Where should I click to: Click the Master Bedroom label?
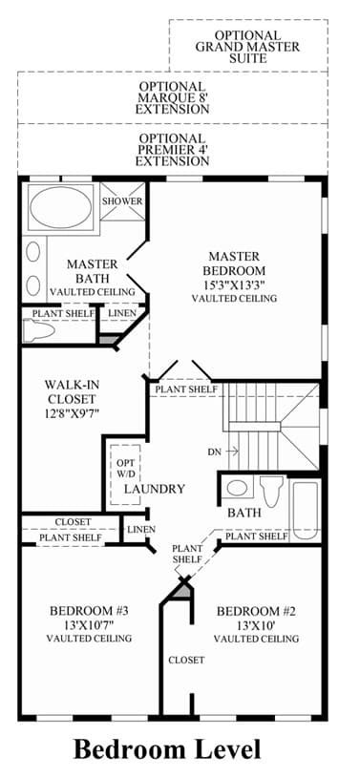coord(234,263)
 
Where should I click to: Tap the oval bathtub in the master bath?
coord(60,207)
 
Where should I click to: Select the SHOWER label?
coord(122,201)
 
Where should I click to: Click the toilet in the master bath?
coord(38,328)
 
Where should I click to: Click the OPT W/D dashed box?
coord(125,474)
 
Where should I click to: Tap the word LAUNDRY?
coord(155,489)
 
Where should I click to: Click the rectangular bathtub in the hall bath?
coord(305,511)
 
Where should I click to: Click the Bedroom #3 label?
coord(90,611)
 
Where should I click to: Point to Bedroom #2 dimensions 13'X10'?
coord(256,624)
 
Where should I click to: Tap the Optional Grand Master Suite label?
coord(247,47)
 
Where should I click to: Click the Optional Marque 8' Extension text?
coord(172,97)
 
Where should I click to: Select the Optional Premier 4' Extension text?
coord(172,150)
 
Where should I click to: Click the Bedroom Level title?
coord(167,749)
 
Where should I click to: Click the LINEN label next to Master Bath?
coord(122,313)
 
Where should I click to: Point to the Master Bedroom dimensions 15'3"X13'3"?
coord(234,284)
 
